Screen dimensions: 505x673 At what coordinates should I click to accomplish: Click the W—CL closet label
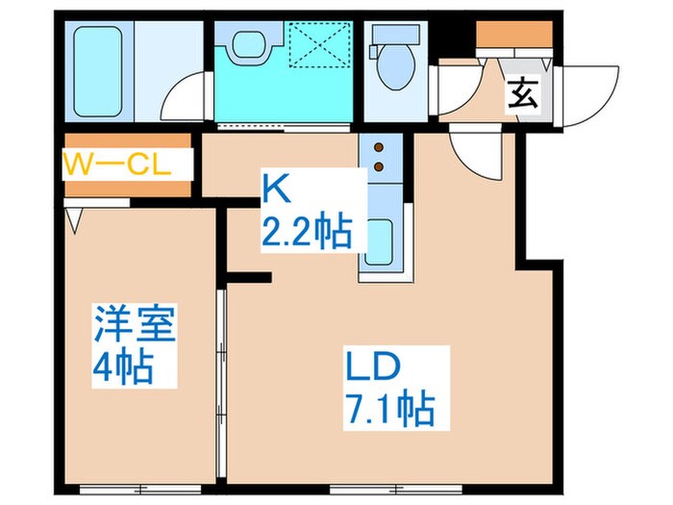(x=115, y=163)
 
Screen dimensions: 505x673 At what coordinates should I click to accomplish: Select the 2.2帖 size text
(x=305, y=232)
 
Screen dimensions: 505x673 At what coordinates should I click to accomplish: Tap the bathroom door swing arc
(x=184, y=96)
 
